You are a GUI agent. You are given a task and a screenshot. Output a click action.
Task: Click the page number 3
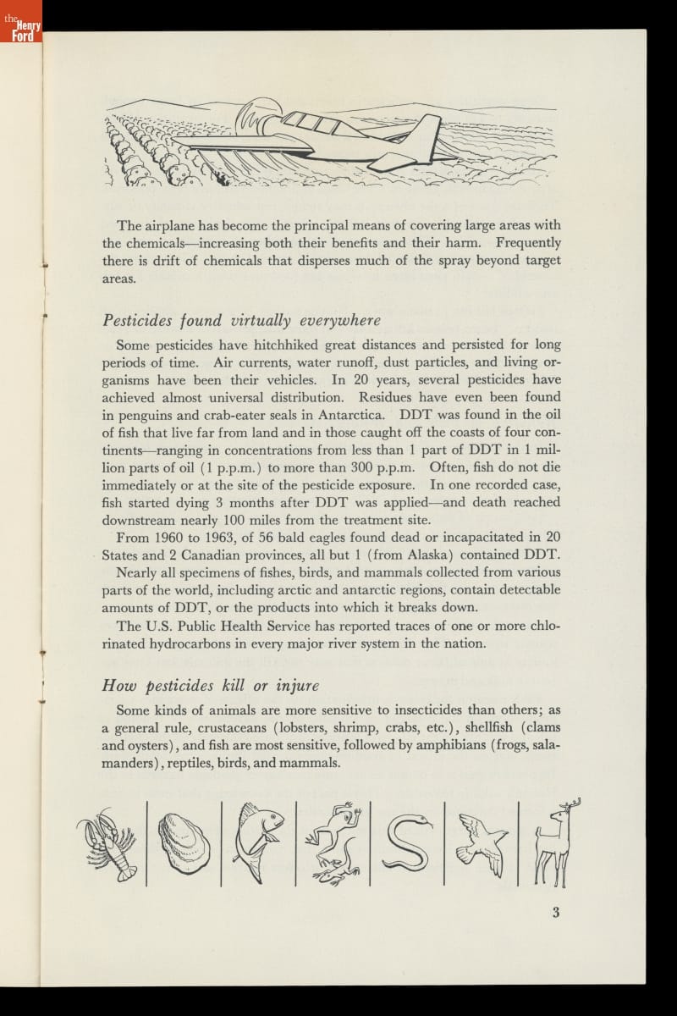556,912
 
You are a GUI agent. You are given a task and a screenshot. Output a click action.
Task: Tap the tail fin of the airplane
420,135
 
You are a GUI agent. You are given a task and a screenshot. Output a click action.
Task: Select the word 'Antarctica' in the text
353,415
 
